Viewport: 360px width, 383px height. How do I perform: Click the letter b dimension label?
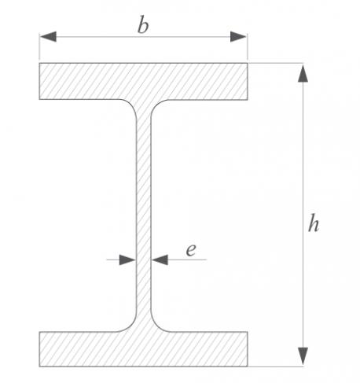tap(143, 25)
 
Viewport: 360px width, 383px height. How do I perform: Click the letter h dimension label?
tap(314, 223)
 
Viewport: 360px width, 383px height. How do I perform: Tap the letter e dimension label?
tap(191, 250)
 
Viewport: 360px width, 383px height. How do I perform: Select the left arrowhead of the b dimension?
tap(48, 37)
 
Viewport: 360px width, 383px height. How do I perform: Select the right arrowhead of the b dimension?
tap(238, 37)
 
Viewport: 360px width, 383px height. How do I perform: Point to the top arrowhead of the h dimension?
tap(303, 74)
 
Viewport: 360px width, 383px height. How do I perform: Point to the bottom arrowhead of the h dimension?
tap(303, 356)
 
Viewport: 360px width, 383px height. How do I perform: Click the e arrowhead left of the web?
tap(127, 260)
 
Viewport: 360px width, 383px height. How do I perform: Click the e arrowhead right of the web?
tap(160, 260)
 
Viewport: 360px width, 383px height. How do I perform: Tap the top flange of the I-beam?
tap(143, 81)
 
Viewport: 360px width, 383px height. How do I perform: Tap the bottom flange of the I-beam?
tap(143, 349)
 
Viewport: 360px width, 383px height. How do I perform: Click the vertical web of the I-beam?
tap(144, 215)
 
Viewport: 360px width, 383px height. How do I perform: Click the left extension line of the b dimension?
tap(39, 46)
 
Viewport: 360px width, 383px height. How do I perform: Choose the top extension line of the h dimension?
tap(276, 63)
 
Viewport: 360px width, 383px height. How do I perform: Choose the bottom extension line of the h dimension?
tap(276, 366)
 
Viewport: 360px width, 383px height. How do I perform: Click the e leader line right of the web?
tap(187, 260)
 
